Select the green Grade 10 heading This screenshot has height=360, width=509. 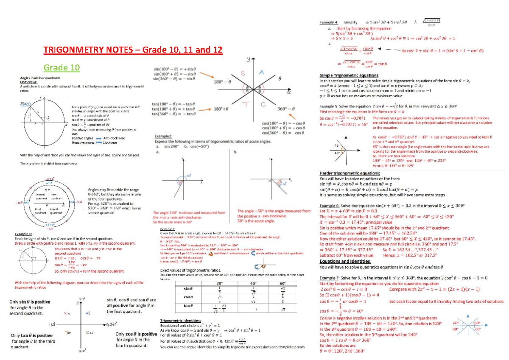point(62,67)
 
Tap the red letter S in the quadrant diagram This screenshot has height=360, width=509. point(243,73)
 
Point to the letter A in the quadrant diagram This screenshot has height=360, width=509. point(262,73)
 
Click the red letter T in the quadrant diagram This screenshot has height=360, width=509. point(245,104)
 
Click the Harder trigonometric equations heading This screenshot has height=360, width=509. point(350,173)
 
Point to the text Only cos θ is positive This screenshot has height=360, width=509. point(136,334)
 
